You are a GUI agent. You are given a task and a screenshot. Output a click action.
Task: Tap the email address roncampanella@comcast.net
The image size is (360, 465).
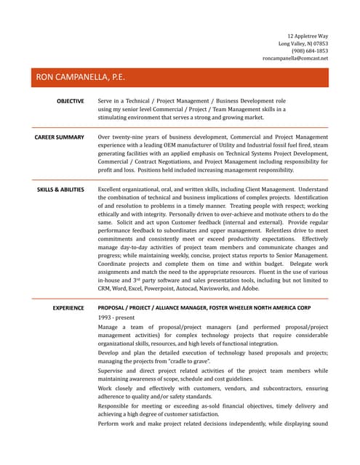coord(295,58)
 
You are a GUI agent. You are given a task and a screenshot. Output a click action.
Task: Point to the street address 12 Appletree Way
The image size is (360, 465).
coord(308,36)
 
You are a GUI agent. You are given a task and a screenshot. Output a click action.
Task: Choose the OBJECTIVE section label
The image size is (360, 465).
coord(71,101)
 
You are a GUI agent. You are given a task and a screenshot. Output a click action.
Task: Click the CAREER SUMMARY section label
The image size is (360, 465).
coord(60,137)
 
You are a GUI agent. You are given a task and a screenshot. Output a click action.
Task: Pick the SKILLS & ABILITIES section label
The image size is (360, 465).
coord(60,189)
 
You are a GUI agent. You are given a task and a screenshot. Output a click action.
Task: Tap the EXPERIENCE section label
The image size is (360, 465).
coord(68,308)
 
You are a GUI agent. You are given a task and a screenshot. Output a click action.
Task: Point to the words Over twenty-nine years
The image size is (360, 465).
coord(132,137)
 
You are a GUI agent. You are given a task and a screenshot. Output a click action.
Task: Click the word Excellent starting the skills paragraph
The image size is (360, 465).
coord(113,189)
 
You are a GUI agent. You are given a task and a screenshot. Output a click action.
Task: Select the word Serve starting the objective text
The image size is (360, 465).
coord(106,101)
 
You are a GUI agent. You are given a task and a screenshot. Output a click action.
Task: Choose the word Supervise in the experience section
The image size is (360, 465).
coord(114,371)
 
